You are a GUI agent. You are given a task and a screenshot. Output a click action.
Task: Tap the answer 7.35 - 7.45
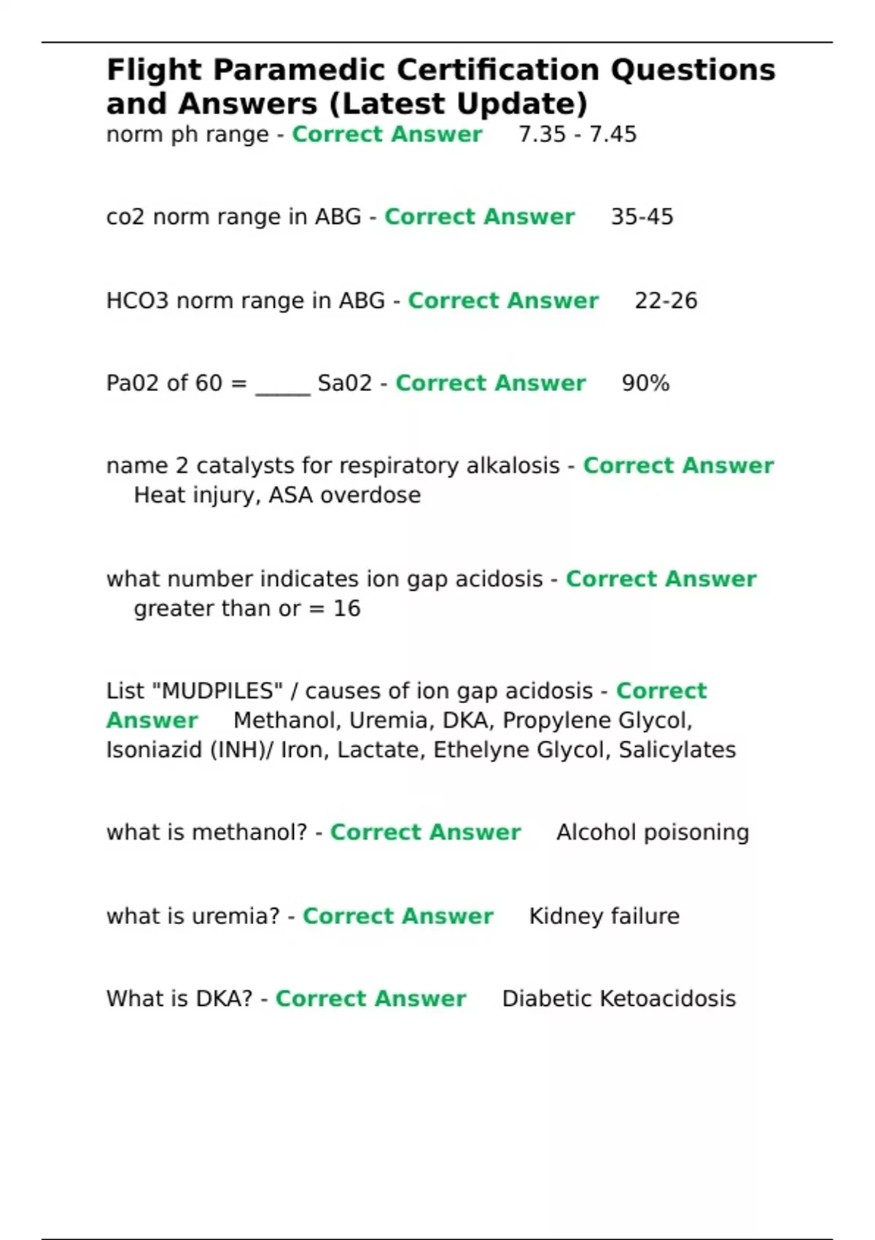[577, 135]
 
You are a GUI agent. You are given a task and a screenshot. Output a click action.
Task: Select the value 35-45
[642, 217]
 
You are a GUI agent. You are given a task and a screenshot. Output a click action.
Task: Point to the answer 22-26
[666, 301]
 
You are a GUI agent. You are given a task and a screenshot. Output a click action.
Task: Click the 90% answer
[645, 384]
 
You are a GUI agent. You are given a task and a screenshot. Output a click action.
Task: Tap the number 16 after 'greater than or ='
[347, 609]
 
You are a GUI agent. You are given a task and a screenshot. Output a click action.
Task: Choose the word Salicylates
[677, 751]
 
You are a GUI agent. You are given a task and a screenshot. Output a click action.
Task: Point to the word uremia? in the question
[235, 916]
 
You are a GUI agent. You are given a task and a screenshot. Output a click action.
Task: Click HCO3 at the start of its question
[137, 301]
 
